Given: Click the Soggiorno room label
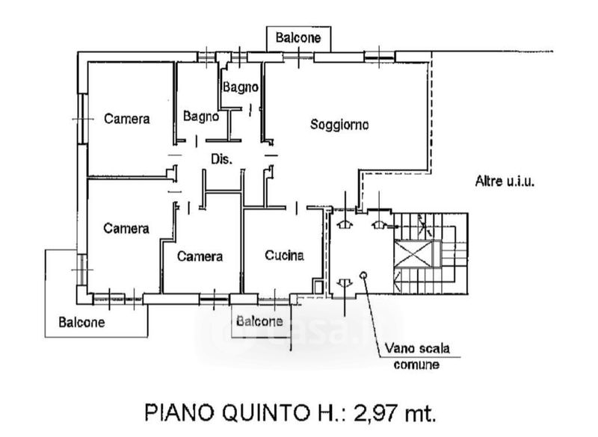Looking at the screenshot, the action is pos(339,125).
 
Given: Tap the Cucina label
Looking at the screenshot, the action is pos(285,255).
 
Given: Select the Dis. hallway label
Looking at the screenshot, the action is pos(221,159).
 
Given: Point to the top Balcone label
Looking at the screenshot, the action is pos(298,37).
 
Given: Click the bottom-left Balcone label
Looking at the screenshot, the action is pos(81,322).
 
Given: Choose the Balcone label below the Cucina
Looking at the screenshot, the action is pos(259,321).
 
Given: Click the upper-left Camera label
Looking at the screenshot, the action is pos(127,119).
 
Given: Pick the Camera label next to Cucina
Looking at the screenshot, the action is pos(200,256).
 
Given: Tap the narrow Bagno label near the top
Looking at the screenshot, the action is pos(240,87).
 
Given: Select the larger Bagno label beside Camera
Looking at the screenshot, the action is pos(201,117).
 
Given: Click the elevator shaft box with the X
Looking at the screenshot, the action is pos(413,254).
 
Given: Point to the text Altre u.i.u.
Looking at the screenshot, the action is pos(505,181).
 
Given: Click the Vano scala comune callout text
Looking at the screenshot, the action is pos(417,356).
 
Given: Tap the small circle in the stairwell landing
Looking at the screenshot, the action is pos(363,275).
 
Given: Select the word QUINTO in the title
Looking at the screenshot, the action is pos(266,412).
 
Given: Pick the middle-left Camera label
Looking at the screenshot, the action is pos(126,229).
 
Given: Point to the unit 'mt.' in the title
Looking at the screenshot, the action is pos(419,413).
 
